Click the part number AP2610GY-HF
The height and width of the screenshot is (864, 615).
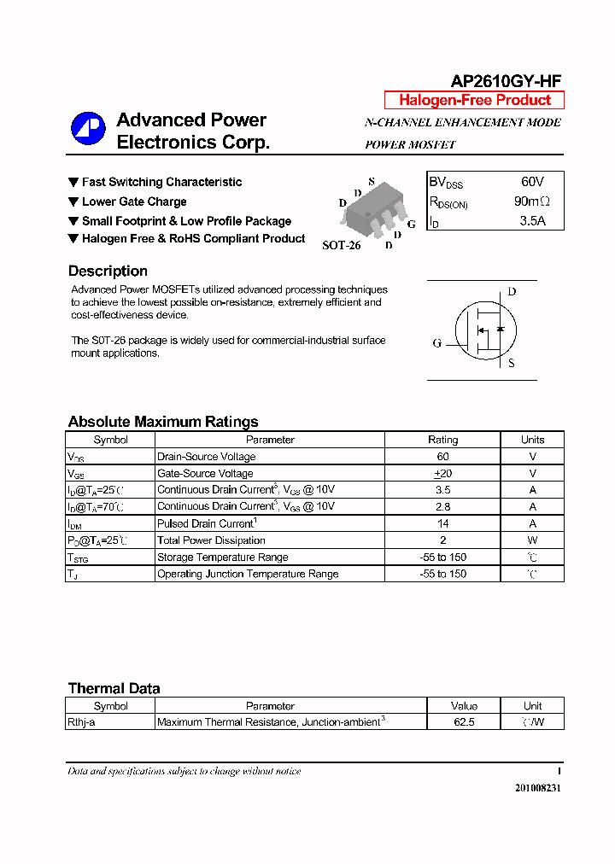tap(506, 81)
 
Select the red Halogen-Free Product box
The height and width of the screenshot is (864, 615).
tap(474, 100)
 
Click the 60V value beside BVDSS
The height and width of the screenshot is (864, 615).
tap(532, 182)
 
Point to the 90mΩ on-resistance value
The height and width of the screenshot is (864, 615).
tap(532, 202)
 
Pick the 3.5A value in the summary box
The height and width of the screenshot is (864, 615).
tap(532, 222)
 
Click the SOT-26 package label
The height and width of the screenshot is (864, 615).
tap(341, 245)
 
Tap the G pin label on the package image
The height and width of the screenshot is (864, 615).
tap(411, 225)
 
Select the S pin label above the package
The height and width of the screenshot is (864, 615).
tap(372, 181)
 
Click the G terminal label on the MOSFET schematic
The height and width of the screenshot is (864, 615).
tap(436, 343)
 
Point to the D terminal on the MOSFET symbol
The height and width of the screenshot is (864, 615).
tap(512, 292)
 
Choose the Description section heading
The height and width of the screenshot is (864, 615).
tap(108, 271)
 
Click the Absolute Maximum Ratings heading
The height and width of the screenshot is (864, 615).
tap(162, 422)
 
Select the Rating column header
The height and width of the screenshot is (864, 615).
tap(442, 440)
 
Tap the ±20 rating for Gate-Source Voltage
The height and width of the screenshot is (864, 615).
tap(442, 473)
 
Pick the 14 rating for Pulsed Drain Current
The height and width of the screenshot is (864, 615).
tap(442, 523)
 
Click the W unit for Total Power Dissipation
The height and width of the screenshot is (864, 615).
tap(532, 540)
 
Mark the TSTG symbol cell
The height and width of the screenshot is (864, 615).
tap(78, 558)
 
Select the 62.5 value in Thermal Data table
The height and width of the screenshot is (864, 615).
tap(464, 722)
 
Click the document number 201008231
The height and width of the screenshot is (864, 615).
tap(537, 788)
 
